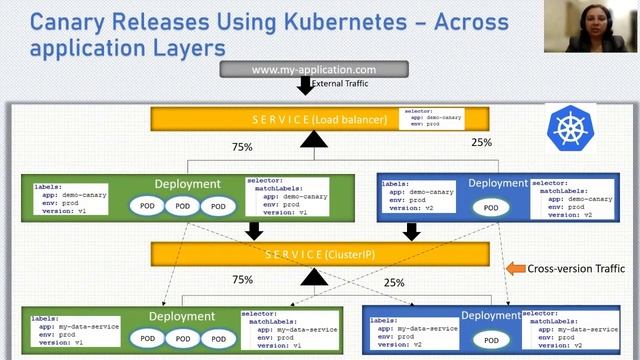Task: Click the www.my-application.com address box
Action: tap(313, 70)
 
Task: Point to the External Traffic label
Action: tap(340, 85)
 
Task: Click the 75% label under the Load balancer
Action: tap(242, 146)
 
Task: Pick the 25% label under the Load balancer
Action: tap(481, 142)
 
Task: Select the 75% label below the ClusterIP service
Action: tap(242, 280)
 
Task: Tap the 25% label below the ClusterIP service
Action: tap(394, 283)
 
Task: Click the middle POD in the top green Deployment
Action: tap(182, 206)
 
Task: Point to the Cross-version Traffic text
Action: tap(578, 268)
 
